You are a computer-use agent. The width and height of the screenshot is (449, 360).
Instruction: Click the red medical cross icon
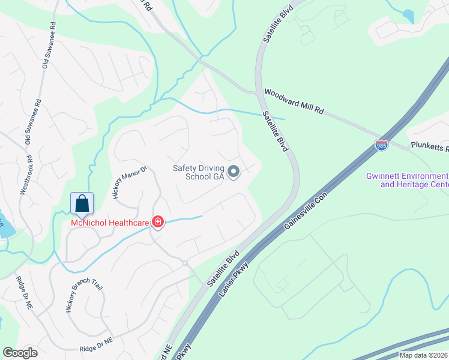pos(157,223)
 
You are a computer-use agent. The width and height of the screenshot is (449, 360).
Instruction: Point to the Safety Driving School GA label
pos(197,172)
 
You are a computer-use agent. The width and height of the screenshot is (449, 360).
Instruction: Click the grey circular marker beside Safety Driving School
pos(234,172)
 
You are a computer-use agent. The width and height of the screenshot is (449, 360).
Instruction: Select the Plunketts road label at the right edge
pos(429,146)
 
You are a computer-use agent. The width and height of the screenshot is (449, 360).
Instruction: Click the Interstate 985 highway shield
pos(381,145)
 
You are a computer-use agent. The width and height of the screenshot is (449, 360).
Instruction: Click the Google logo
pos(20,353)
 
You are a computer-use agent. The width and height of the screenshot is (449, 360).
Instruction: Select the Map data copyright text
pos(424,355)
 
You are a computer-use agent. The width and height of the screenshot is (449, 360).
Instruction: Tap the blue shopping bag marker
pos(82,203)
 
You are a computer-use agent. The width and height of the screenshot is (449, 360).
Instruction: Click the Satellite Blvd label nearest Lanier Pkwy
pos(223,268)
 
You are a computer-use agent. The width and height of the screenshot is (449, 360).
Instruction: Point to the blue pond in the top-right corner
pos(408,16)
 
